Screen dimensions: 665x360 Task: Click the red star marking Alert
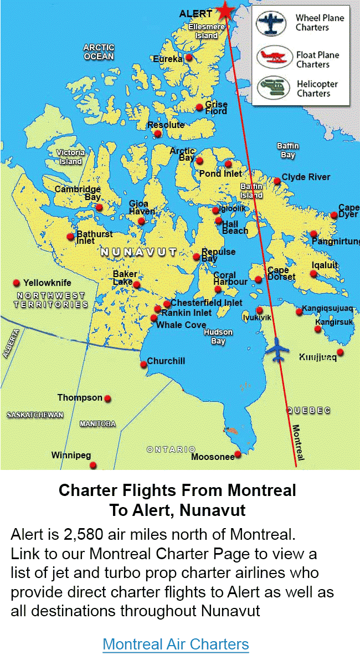[x=225, y=11]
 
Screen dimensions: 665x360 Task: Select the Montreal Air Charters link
[x=176, y=644]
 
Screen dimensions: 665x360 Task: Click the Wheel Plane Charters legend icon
[x=271, y=24]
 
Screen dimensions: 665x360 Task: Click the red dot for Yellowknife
[x=17, y=283]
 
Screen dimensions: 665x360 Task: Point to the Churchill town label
[x=166, y=361]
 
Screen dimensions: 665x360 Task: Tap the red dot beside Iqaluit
[x=313, y=274]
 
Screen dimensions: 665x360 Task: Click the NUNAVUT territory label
[x=138, y=253]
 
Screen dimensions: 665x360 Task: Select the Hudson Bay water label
[x=218, y=336]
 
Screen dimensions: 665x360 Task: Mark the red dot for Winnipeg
[x=93, y=465]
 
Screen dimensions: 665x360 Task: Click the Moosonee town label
[x=212, y=457]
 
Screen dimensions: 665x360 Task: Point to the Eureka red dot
[x=189, y=57]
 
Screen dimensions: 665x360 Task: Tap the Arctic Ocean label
[x=99, y=52]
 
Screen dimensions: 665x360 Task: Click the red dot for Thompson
[x=108, y=398]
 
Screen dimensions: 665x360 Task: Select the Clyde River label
[x=306, y=177]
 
